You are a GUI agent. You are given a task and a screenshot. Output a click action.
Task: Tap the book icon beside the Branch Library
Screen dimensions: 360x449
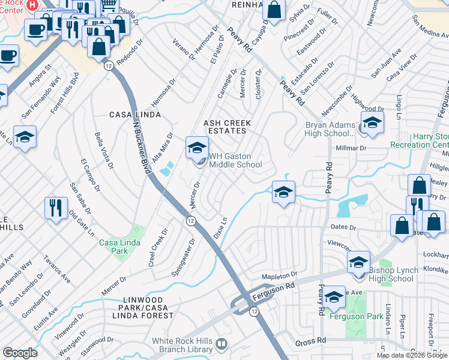click(x=221, y=344)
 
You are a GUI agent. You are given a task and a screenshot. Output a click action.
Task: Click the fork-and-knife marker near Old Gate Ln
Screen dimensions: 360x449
click(x=55, y=208)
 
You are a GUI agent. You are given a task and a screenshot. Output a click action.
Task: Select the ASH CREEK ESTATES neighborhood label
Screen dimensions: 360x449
click(x=226, y=127)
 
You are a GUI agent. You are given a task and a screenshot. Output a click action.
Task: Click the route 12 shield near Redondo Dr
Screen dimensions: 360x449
click(x=108, y=64)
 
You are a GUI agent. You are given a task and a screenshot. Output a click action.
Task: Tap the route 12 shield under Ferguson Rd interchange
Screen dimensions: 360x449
click(x=254, y=311)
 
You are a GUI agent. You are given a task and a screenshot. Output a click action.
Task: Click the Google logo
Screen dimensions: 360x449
click(x=20, y=352)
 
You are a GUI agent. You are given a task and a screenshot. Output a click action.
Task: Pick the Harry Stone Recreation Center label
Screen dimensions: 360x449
click(x=420, y=140)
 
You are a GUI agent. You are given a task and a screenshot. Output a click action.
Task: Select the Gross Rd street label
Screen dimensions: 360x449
click(x=310, y=341)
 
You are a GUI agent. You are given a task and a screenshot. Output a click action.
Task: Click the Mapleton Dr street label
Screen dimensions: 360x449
click(x=279, y=274)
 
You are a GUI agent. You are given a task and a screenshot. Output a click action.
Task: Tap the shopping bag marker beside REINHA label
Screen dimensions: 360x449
click(x=274, y=11)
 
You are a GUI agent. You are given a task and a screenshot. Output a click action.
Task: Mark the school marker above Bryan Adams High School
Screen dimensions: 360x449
click(x=372, y=123)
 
